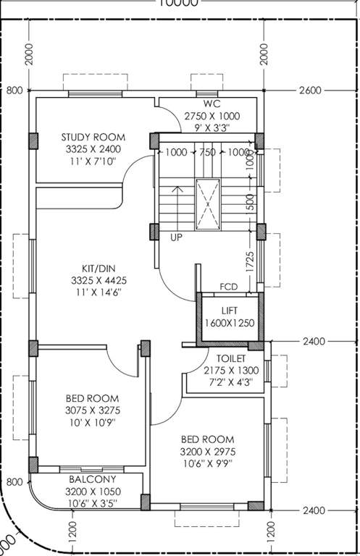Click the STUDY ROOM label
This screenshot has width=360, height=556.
(93, 137)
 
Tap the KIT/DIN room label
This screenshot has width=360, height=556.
(93, 266)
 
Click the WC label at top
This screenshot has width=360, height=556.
(212, 104)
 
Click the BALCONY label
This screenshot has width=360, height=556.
(93, 479)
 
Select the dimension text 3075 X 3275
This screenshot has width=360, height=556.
(93, 410)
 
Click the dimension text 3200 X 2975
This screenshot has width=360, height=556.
(207, 452)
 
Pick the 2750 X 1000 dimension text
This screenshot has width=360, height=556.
(212, 116)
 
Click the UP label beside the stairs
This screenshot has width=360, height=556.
(176, 237)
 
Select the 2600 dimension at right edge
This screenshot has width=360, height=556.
(309, 90)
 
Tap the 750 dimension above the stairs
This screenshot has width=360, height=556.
(207, 153)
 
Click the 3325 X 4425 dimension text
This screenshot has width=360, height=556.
(93, 279)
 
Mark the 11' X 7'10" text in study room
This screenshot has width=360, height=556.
(93, 161)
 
